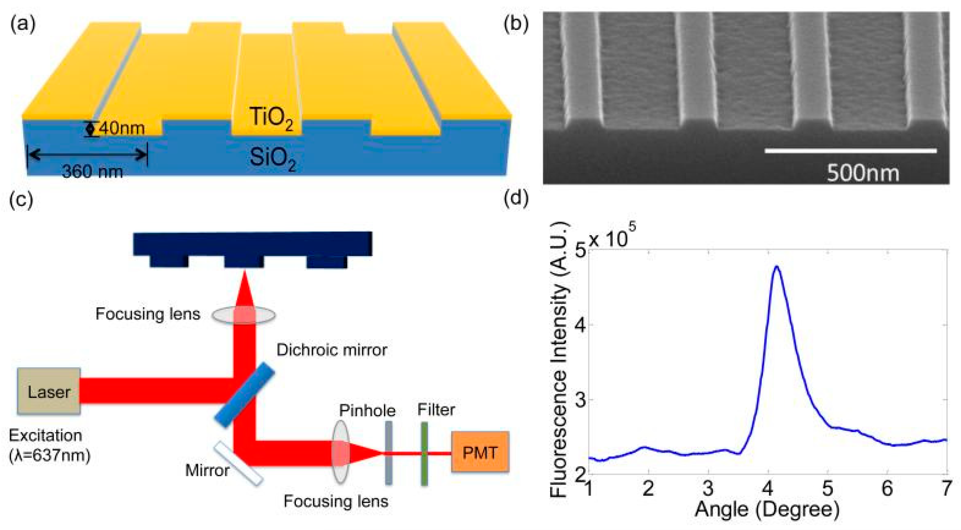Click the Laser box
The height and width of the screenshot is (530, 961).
tap(49, 391)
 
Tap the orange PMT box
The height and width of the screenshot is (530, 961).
tap(480, 452)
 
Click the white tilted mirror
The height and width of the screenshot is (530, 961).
tap(239, 464)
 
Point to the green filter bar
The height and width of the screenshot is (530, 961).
tap(424, 453)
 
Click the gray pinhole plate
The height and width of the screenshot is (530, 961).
tap(388, 453)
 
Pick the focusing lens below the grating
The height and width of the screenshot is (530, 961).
tap(244, 315)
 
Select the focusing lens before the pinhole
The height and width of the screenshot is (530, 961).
tap(340, 452)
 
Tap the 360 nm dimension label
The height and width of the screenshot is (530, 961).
tap(92, 172)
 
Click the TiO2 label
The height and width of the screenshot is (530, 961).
tap(271, 118)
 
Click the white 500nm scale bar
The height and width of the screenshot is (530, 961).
tap(851, 151)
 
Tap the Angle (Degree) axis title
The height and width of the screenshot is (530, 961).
tap(767, 509)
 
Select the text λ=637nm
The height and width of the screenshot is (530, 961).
tap(50, 456)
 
